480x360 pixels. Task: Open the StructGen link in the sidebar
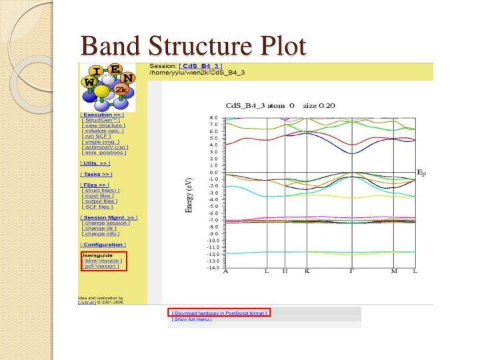point(101,120)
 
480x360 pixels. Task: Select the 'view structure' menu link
point(103,125)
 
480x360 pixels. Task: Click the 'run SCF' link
point(95,136)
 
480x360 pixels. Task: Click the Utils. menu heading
point(95,163)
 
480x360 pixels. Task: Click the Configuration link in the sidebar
point(103,245)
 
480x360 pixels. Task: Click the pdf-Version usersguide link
point(101,266)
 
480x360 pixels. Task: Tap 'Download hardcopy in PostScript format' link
point(219,312)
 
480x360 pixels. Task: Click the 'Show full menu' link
point(192,319)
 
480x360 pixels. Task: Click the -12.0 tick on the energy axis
point(213,254)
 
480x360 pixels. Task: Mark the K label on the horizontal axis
point(307,271)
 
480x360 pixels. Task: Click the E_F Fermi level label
point(423,173)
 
